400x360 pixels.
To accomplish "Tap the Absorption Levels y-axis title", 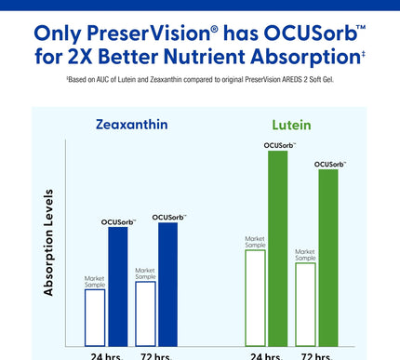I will click(x=48, y=243).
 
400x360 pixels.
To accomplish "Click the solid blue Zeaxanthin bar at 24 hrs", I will click(x=117, y=285).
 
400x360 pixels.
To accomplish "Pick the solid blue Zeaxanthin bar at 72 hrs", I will click(x=167, y=283).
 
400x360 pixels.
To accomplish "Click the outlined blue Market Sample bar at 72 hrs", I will click(x=145, y=313).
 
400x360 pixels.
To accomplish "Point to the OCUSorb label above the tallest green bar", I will click(x=279, y=145).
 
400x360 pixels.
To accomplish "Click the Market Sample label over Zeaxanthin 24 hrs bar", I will click(x=95, y=280).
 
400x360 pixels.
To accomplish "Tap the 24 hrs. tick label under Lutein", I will click(x=266, y=355).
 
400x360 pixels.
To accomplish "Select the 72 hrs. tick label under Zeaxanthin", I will click(x=155, y=355).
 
